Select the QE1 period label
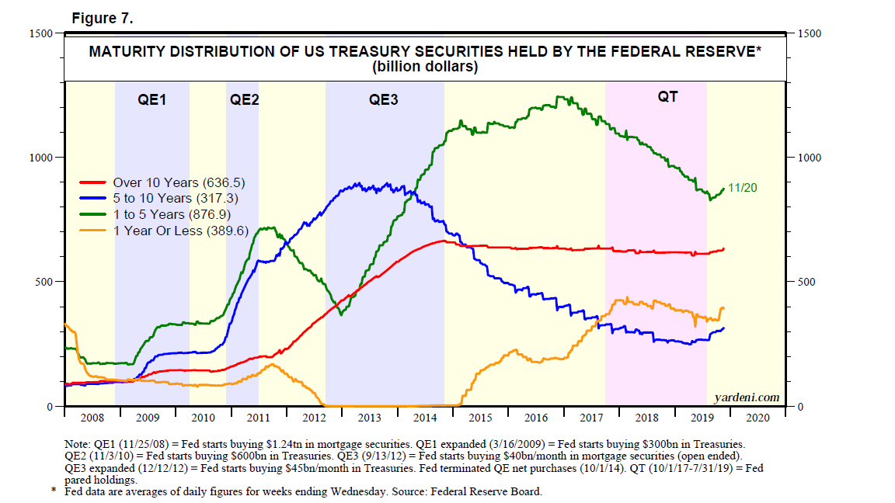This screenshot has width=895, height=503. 152,100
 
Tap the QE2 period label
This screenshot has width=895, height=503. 244,100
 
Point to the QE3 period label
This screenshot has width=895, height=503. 384,100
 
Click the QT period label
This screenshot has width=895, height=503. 667,97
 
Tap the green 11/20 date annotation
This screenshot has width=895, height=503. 742,189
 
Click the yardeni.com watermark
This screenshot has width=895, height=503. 747,398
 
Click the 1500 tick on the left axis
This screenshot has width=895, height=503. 41,33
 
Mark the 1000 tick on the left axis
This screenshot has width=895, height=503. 41,158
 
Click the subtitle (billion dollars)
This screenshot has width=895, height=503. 424,68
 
